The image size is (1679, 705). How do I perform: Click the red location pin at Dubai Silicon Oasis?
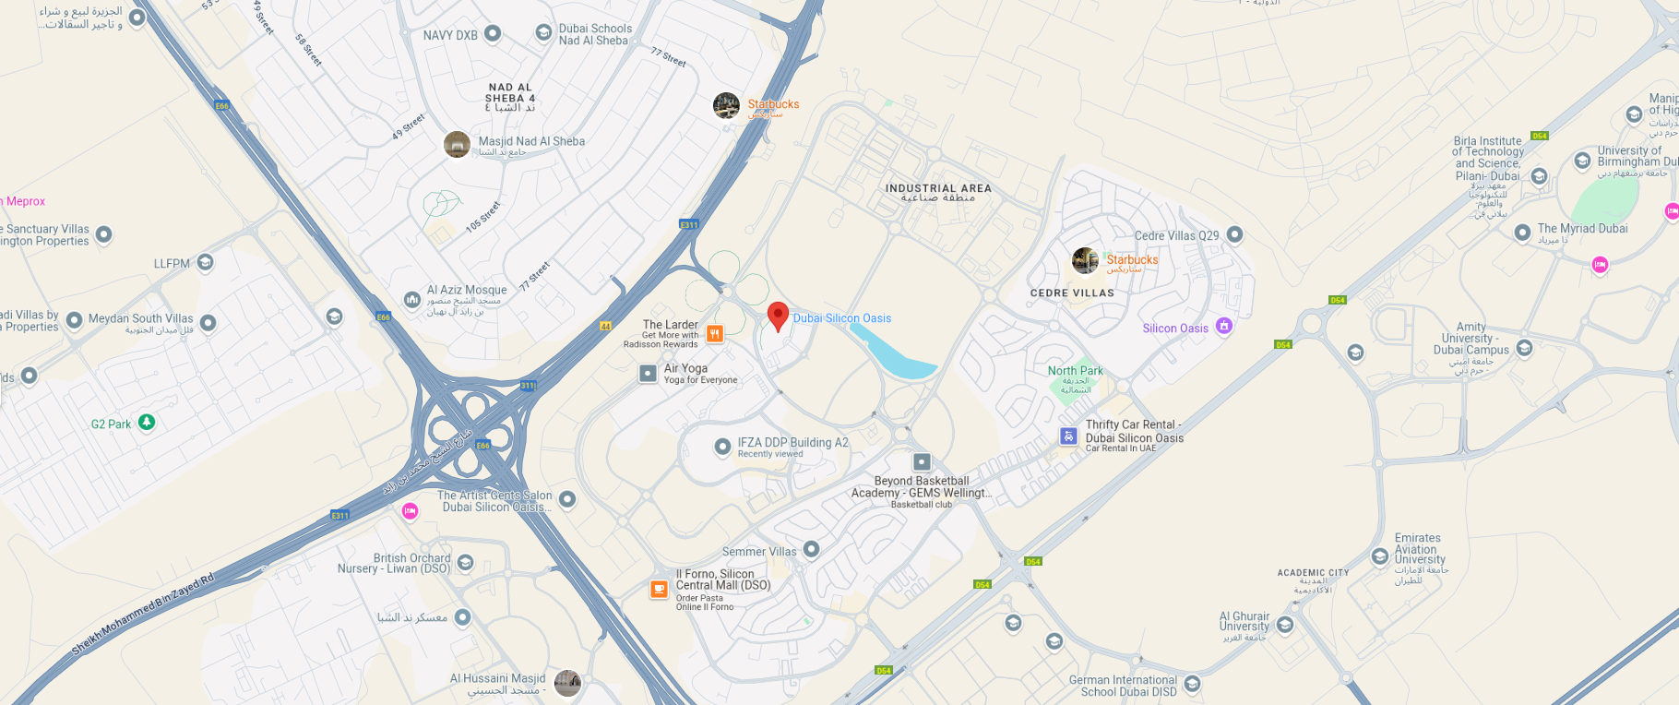coord(778,315)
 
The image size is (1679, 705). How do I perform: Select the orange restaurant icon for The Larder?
coord(714,334)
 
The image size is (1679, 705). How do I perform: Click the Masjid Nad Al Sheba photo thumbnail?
coord(457,144)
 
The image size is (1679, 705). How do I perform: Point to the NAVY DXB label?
coord(450,35)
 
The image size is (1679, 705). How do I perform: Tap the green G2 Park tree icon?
coord(147,423)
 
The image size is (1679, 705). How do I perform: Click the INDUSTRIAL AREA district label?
coord(938,188)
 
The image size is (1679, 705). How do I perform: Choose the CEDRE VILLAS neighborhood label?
coord(1072,293)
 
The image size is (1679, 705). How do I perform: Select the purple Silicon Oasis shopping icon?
coord(1223,326)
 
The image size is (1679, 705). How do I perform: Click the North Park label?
coord(1075,371)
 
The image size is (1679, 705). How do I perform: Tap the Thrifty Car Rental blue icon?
coord(1068,436)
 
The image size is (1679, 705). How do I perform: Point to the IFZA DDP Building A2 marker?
coord(723,447)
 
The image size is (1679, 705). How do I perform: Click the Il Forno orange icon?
coord(659,589)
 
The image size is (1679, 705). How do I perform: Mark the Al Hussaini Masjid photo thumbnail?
coord(567,683)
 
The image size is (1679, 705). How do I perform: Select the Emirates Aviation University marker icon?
coord(1380,556)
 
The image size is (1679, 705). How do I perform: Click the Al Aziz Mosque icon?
coord(412,299)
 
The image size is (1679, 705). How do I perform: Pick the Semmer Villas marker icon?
coord(811,549)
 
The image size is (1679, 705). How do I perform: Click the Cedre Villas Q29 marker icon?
coord(1235,234)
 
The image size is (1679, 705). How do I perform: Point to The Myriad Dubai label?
coord(1582,229)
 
